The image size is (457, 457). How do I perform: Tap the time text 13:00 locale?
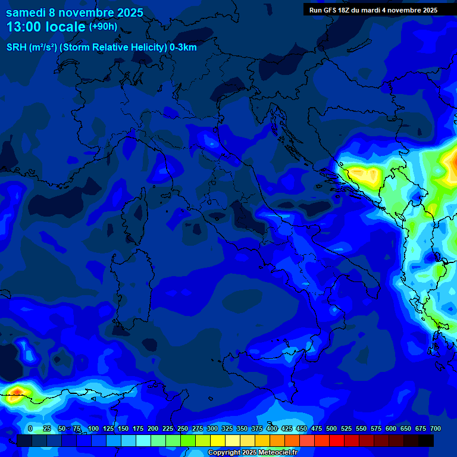[x=46, y=27]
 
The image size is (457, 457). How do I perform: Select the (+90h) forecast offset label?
[x=103, y=26]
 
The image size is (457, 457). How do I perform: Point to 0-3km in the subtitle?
[x=183, y=48]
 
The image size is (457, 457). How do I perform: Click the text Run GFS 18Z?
[x=330, y=10]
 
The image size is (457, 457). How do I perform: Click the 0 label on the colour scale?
[x=30, y=429]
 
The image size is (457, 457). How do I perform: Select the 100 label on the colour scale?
[x=93, y=429]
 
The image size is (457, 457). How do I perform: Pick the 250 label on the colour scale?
[x=182, y=429]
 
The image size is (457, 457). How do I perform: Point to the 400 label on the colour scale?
[x=272, y=429]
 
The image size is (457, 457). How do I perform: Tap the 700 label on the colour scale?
[x=436, y=429]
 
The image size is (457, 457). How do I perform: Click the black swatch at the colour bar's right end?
[x=426, y=440]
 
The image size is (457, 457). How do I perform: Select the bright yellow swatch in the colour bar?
[x=218, y=440]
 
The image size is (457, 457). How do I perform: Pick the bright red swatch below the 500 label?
[x=337, y=440]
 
